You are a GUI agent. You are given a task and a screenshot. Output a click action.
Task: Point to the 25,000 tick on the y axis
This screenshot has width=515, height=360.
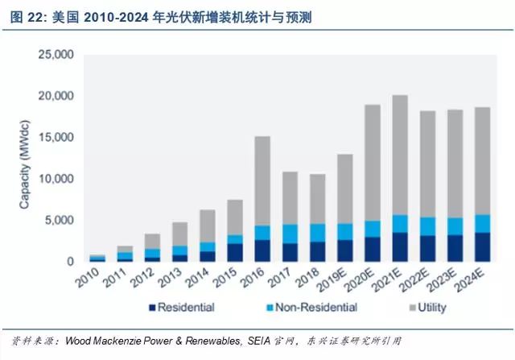(x=56, y=55)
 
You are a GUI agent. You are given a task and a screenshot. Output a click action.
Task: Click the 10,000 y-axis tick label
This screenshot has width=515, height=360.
(x=56, y=179)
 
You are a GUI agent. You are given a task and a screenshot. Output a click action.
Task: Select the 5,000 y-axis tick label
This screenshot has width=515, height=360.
(x=59, y=220)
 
